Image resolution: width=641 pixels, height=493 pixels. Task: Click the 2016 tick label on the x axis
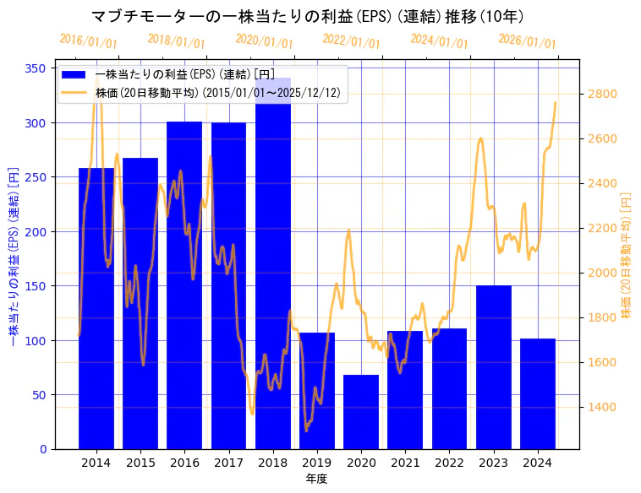[184, 463]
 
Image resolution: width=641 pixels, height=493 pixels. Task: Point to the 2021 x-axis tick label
[405, 463]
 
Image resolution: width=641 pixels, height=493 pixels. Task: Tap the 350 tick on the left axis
[36, 68]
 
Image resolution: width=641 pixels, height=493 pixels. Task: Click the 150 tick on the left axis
[36, 286]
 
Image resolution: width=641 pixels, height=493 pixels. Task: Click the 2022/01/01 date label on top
[352, 41]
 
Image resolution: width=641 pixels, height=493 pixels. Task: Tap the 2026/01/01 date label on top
[528, 41]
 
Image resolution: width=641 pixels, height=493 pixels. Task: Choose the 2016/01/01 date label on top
[88, 41]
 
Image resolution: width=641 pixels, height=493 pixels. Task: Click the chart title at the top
[307, 16]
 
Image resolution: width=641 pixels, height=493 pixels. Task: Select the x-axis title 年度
[316, 479]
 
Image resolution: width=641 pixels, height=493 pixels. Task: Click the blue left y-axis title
[14, 258]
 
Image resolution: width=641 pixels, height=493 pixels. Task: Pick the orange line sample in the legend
[74, 93]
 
